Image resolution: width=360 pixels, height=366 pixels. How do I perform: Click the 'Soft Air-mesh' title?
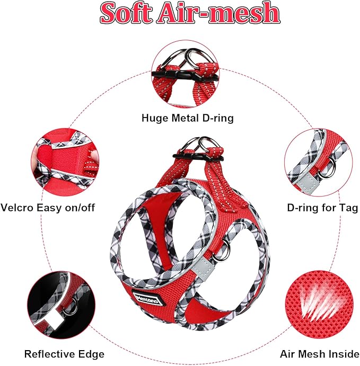(190, 13)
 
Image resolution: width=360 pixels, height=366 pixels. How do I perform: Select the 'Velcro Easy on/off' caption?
(48, 208)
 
